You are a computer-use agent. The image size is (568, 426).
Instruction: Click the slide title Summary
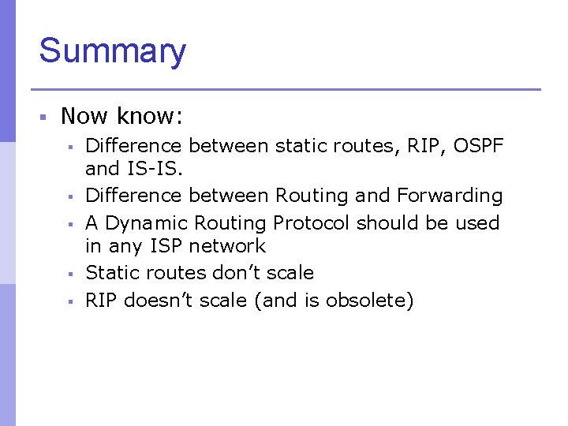point(112,51)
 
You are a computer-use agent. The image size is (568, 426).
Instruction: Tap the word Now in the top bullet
point(84,117)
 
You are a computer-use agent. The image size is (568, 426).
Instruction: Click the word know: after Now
point(150,117)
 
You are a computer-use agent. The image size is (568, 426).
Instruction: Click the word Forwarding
point(450,196)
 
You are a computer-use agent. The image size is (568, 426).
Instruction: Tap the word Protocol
point(312,223)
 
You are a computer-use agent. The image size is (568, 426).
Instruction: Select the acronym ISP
point(163,246)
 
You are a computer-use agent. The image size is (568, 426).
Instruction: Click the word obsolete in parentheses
point(366,301)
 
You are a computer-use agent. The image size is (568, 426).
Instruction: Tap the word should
point(384,223)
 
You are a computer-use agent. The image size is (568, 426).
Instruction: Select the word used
point(477,223)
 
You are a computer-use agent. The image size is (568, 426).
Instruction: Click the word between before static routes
point(229,146)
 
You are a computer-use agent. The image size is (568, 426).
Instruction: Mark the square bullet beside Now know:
point(44,118)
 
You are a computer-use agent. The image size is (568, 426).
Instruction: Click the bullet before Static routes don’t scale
point(70,274)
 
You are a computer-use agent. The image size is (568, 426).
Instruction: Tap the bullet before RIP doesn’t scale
point(70,301)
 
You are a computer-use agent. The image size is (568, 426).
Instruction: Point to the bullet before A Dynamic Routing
point(70,224)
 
